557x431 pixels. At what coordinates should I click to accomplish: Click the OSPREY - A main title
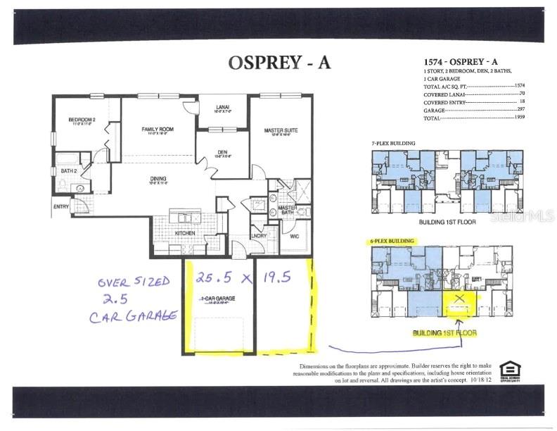278,62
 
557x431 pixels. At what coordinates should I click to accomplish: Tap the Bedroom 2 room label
82,120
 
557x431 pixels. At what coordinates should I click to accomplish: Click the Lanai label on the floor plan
222,107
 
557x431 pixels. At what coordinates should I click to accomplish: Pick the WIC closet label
294,237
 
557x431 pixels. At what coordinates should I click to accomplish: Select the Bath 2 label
68,171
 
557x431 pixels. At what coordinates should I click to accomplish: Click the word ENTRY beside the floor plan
61,206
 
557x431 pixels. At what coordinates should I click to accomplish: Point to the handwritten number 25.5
210,277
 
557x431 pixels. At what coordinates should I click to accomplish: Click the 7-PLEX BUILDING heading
393,143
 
